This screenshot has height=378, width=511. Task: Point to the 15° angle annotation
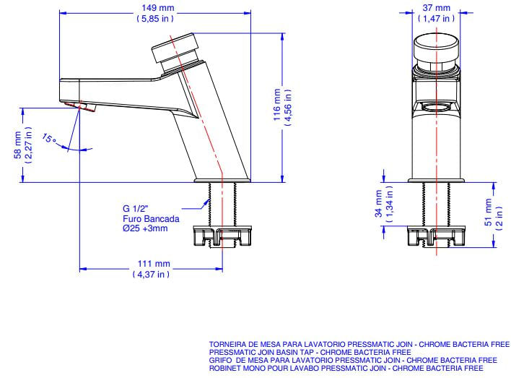(x=49, y=138)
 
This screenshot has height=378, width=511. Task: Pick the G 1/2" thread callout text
(x=136, y=208)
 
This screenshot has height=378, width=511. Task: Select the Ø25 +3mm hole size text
(x=145, y=228)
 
